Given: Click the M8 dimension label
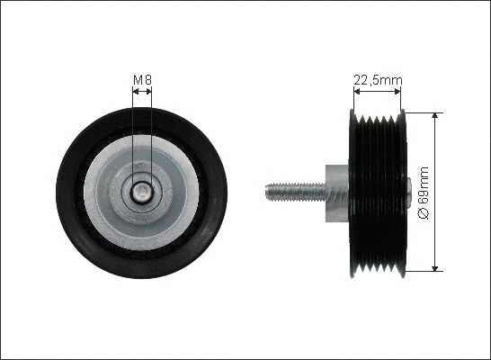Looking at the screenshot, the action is (142, 80).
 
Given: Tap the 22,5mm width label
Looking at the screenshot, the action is (378, 80).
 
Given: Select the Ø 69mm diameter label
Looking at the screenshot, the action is (424, 193).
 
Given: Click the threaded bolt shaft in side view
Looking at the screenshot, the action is (296, 192).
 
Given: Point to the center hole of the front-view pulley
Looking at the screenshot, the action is (142, 193).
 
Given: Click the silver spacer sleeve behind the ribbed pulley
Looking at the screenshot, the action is (337, 193).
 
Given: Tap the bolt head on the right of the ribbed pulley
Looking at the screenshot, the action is (408, 193).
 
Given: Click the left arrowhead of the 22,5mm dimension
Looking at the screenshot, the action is (357, 91).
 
